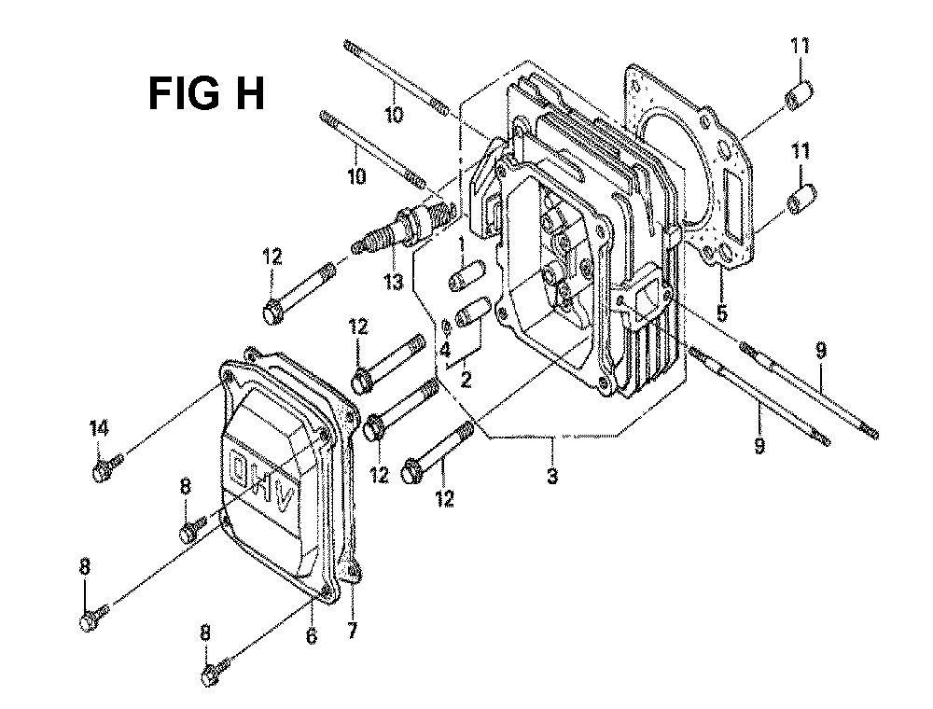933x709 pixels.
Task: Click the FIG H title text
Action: tap(206, 93)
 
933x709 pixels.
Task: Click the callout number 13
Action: tap(393, 281)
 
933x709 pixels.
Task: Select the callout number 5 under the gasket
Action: tap(722, 313)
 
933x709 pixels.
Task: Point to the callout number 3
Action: tap(552, 475)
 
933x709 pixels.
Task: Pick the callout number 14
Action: tap(100, 427)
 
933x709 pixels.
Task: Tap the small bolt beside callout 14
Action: tap(107, 467)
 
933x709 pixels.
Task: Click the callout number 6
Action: tap(312, 635)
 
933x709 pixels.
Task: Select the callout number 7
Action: tap(353, 630)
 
